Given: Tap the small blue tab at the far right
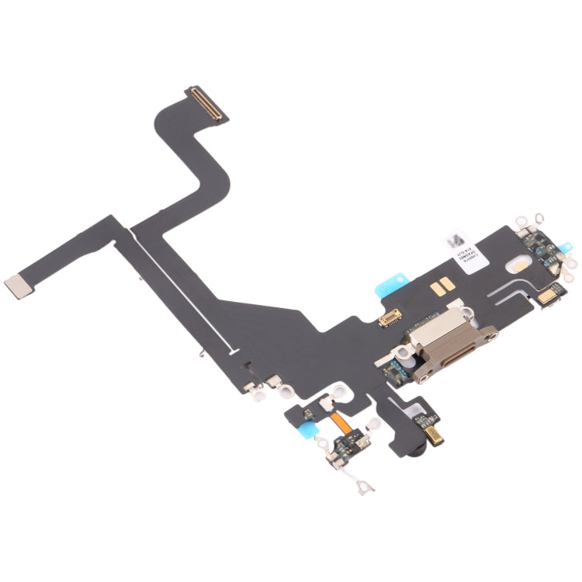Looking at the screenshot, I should pyautogui.click(x=557, y=253).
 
